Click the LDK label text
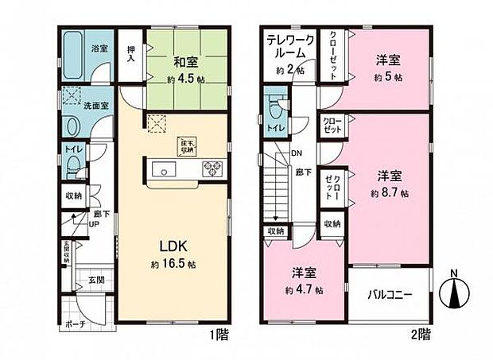pos(173,246)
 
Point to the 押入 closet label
pos(130,55)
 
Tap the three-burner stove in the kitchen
pos(215,168)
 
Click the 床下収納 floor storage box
pos(187,145)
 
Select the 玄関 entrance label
pos(96,280)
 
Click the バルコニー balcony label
pos(390,295)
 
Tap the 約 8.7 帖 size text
pos(390,193)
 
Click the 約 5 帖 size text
pos(388,77)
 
